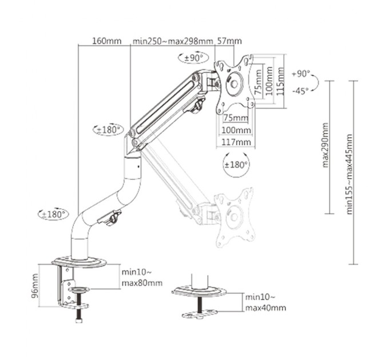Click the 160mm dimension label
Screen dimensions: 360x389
(x=106, y=41)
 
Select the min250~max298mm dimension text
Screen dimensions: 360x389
(x=172, y=41)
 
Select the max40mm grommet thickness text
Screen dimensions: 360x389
(x=264, y=308)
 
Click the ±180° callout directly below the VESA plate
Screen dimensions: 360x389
(x=235, y=165)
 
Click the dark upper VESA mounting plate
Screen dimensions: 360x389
(x=233, y=83)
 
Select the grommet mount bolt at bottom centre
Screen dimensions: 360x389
(x=199, y=306)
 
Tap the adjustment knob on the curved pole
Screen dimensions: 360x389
(x=113, y=218)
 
